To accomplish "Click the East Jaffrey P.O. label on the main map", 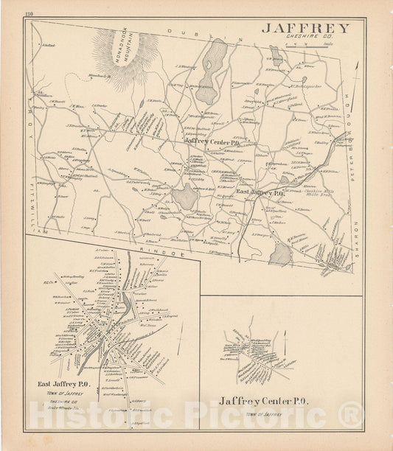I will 260,192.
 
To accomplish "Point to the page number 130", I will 29,15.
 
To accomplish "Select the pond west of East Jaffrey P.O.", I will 185,197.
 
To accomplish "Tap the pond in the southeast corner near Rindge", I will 280,254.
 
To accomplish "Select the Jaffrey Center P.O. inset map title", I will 263,402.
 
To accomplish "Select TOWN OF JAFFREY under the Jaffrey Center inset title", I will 263,414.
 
